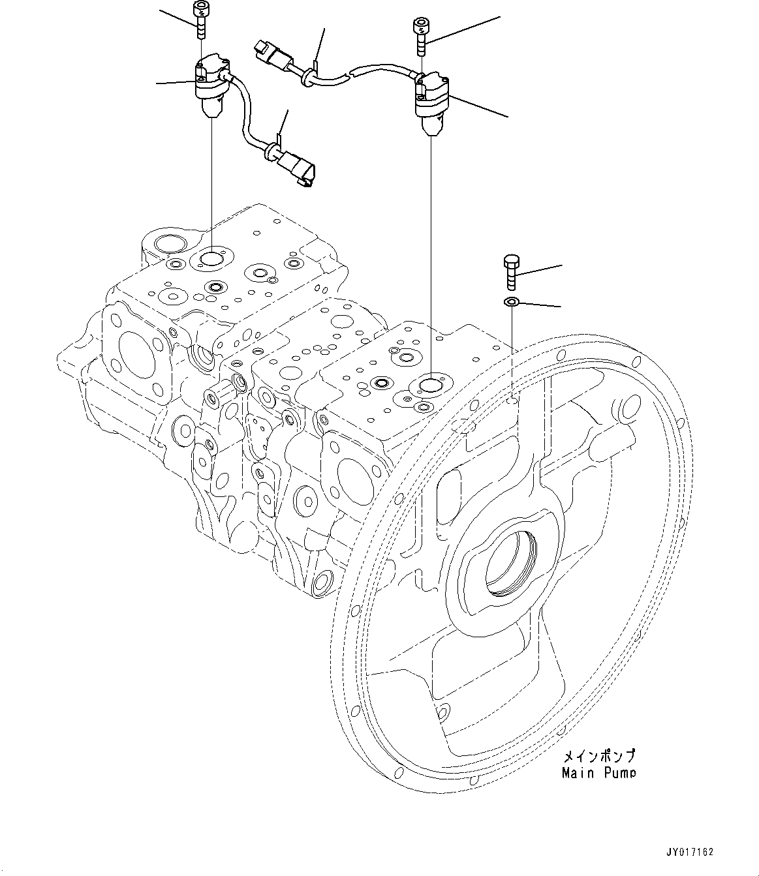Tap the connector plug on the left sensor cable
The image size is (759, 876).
tap(300, 168)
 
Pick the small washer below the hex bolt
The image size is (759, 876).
tap(512, 301)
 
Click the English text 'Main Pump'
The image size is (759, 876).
tap(598, 773)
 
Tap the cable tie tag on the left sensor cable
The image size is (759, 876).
tap(279, 139)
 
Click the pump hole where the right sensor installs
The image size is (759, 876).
tap(431, 386)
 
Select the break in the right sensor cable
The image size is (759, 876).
tap(349, 74)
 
